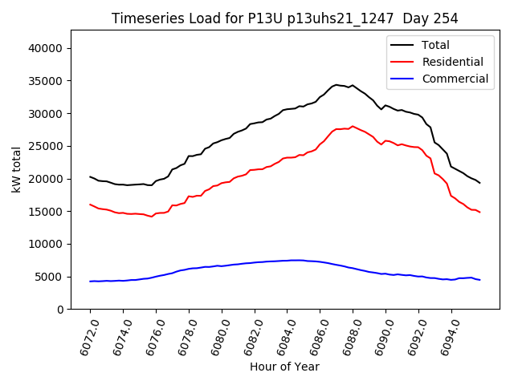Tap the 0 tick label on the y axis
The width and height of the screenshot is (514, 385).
[x=60, y=310]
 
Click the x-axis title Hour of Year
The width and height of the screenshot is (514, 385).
[x=284, y=367]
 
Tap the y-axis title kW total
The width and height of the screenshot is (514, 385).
[x=16, y=170]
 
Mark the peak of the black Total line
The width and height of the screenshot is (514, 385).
[x=337, y=84]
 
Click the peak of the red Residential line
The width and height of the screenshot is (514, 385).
[x=353, y=127]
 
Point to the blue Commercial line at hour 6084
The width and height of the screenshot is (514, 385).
[x=287, y=261]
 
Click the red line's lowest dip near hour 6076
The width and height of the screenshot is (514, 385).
[x=151, y=217]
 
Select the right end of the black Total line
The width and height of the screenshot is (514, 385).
[x=479, y=183]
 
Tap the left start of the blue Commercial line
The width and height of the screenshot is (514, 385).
[x=90, y=282]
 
